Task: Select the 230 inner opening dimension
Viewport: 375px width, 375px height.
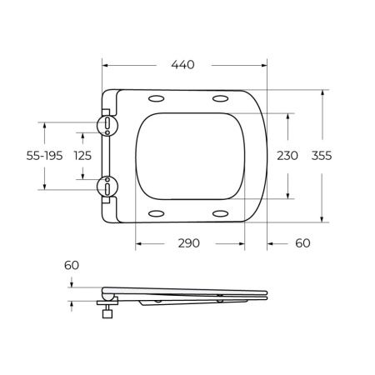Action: (287, 156)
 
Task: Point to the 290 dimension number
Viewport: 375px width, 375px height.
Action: (191, 244)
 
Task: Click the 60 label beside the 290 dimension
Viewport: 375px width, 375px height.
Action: (301, 244)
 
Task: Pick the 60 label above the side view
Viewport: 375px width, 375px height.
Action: (72, 265)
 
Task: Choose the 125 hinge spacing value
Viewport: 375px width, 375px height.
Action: (82, 156)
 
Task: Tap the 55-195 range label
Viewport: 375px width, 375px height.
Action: (44, 156)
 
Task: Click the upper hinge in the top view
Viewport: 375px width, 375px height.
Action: (107, 125)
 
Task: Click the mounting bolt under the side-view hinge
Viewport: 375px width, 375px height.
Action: (107, 313)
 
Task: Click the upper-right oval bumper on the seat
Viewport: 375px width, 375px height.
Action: (222, 99)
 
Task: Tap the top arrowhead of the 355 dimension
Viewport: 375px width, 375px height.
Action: (322, 92)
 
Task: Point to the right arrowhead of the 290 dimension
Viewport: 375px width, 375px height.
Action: (243, 244)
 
